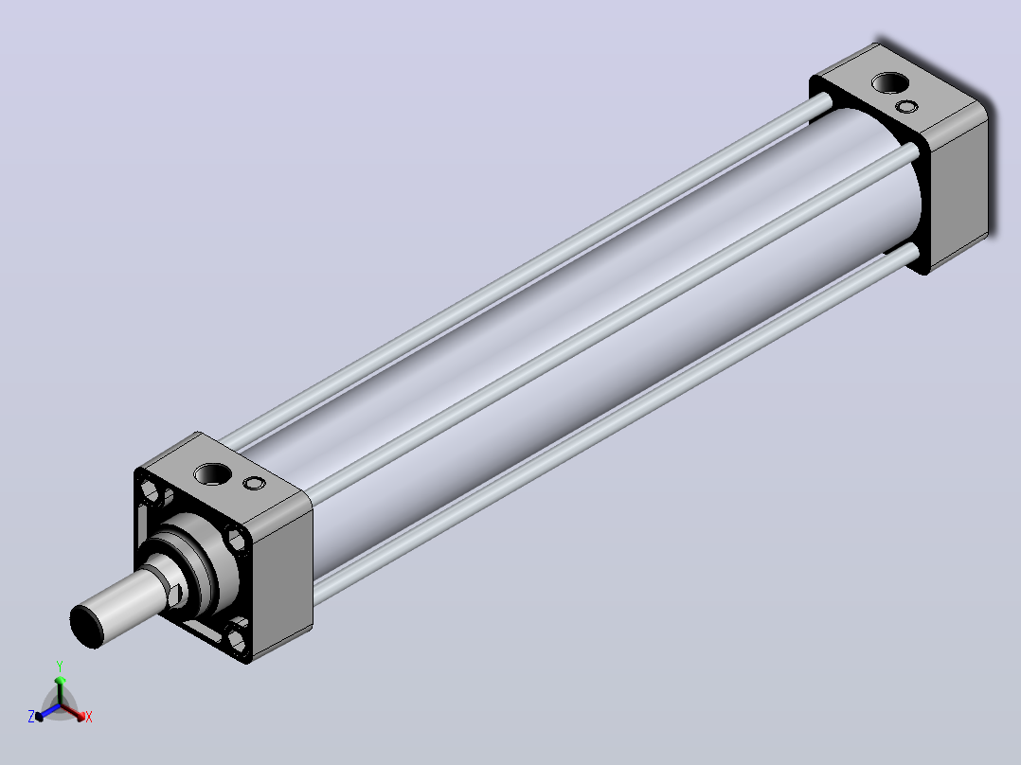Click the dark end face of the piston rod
(86, 626)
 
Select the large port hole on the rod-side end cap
(211, 474)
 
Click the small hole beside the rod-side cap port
(254, 483)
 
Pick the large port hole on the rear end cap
(889, 83)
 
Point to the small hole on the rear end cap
(906, 107)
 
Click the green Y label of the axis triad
(60, 667)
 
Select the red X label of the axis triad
(89, 717)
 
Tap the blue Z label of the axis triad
(30, 716)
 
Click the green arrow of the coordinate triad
(60, 690)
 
